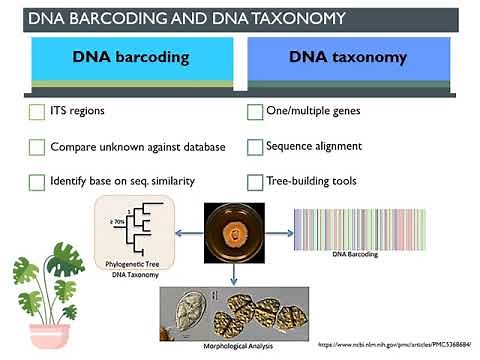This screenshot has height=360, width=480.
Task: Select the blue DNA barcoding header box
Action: click(x=130, y=57)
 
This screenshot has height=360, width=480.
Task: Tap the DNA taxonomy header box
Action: click(x=347, y=57)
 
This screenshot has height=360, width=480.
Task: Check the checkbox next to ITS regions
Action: click(x=37, y=112)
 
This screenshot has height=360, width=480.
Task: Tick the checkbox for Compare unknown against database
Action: click(x=37, y=147)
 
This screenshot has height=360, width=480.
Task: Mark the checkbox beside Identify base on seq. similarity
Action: click(x=37, y=183)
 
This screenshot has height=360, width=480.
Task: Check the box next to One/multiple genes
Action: click(x=255, y=112)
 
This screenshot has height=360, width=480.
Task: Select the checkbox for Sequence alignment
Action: click(x=255, y=147)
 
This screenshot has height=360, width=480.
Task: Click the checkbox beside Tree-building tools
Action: click(x=255, y=183)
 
